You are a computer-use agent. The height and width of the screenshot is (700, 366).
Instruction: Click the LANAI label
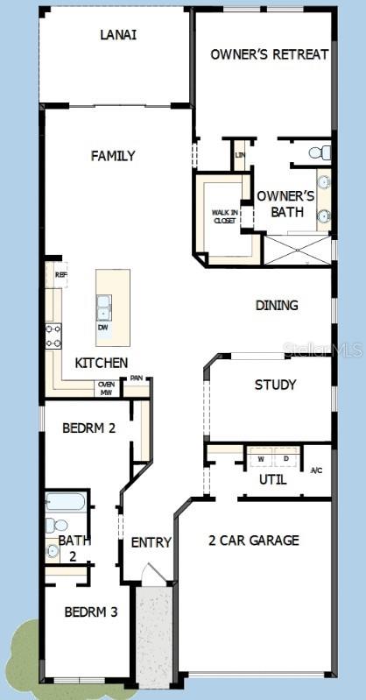[118, 35]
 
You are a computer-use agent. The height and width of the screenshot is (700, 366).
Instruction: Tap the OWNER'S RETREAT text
[270, 54]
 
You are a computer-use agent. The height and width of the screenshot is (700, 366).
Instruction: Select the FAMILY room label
[114, 156]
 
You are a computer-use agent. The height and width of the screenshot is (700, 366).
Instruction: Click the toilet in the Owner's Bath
[320, 153]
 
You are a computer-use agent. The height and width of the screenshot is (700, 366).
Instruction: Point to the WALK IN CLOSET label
[224, 216]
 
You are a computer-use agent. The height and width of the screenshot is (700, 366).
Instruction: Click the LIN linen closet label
[240, 156]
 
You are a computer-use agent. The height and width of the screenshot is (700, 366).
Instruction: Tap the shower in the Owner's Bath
[297, 249]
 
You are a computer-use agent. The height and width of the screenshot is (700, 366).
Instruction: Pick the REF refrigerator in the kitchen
[60, 274]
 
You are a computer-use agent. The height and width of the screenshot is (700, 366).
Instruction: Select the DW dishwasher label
[103, 327]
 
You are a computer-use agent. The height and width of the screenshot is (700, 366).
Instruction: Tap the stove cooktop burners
[53, 335]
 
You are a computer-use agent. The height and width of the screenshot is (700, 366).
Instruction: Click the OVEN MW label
[107, 388]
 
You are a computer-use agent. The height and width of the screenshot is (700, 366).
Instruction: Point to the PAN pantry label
[136, 378]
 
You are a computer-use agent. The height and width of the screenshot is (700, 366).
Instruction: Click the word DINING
[277, 306]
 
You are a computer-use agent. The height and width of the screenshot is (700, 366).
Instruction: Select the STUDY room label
[275, 385]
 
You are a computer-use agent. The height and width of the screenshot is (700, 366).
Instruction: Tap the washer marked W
[260, 458]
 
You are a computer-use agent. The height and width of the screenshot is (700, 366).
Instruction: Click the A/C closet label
[317, 470]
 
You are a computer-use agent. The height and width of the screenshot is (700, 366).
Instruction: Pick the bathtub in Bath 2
[66, 503]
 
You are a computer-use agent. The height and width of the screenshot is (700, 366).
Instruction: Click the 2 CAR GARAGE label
[254, 541]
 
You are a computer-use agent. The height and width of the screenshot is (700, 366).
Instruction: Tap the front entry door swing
[154, 574]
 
